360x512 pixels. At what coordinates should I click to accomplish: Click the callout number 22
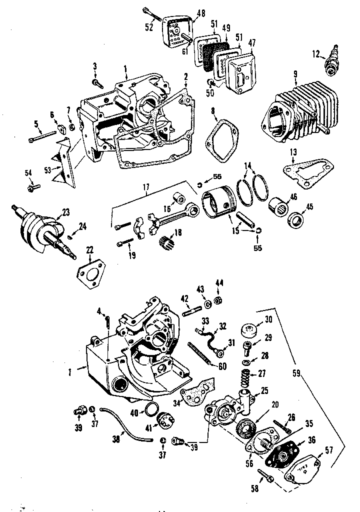tap(90, 249)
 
